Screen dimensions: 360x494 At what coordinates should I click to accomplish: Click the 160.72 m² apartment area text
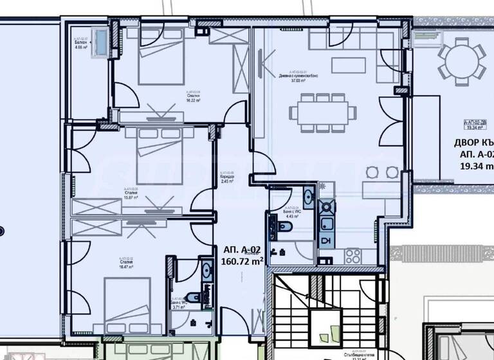[x=242, y=262]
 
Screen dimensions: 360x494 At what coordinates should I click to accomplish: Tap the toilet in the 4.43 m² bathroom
[x=283, y=226]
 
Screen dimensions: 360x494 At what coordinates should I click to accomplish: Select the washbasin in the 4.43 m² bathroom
[x=307, y=197]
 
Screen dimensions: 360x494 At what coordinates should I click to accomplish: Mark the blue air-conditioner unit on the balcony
[x=101, y=42]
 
